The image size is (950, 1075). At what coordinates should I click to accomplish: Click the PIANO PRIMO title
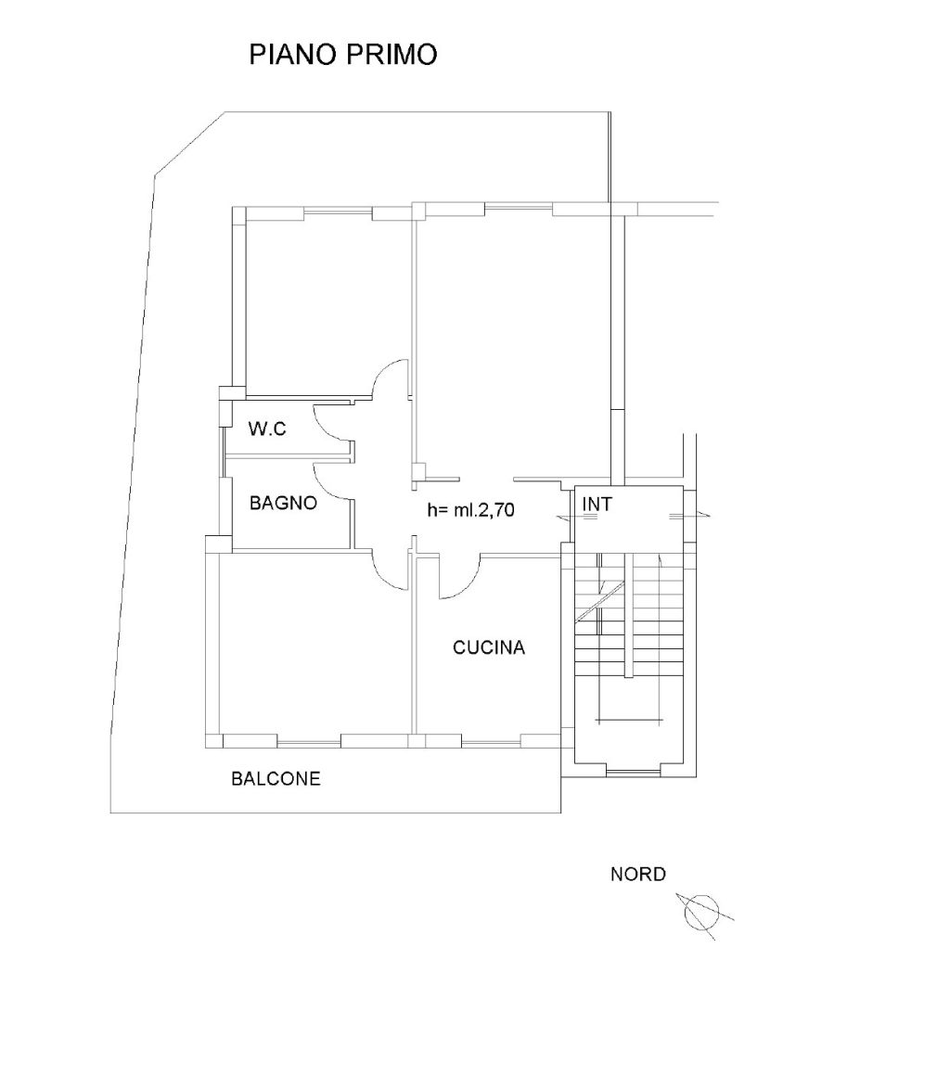tap(343, 54)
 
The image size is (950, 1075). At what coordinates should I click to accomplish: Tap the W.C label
tap(267, 429)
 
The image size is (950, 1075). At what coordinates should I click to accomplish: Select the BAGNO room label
tap(283, 504)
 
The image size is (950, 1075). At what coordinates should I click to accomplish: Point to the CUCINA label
tap(488, 647)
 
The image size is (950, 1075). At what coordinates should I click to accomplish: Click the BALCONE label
tap(276, 779)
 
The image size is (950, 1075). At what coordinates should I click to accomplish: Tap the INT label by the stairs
tap(597, 504)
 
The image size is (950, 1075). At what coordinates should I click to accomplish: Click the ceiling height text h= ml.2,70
tap(470, 509)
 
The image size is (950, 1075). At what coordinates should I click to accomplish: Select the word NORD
tap(638, 874)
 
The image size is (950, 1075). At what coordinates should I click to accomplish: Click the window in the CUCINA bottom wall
tap(491, 742)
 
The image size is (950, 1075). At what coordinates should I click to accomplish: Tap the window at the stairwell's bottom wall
tap(634, 773)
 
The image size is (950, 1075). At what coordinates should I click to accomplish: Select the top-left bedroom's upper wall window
tap(338, 212)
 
